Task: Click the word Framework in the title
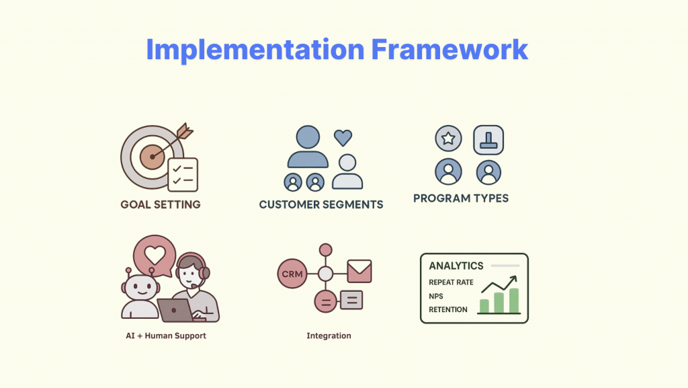click(449, 49)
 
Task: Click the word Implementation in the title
click(255, 50)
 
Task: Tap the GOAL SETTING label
click(161, 204)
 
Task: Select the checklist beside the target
click(183, 175)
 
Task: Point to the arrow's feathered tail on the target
click(185, 130)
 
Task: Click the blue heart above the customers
click(343, 137)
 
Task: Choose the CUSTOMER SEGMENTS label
click(321, 204)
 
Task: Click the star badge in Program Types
click(448, 139)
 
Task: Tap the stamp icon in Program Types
click(488, 140)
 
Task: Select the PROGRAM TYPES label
click(461, 198)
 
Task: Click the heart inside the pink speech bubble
click(155, 255)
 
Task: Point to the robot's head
click(140, 288)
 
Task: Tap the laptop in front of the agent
click(175, 310)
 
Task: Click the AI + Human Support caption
click(166, 336)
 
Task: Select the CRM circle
click(292, 274)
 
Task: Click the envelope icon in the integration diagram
click(359, 271)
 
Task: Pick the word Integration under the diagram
click(329, 336)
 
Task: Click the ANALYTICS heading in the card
click(456, 266)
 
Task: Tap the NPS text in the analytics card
click(436, 297)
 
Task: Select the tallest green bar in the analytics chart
click(514, 301)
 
